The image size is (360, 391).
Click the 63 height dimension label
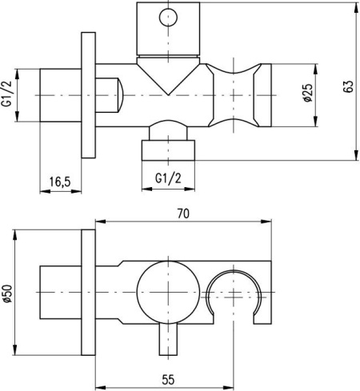click(348, 86)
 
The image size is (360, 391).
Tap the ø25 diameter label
click(308, 93)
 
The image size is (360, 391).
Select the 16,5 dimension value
click(60, 182)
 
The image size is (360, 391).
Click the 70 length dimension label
click(183, 213)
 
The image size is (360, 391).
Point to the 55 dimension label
click(168, 380)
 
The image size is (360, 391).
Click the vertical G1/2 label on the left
click(7, 93)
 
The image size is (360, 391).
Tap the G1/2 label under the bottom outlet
click(168, 178)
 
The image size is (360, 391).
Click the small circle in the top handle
click(168, 18)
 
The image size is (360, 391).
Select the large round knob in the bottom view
click(168, 293)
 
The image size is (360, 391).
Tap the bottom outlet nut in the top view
click(168, 150)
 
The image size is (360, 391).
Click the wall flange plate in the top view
click(88, 95)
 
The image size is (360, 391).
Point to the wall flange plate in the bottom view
click(88, 292)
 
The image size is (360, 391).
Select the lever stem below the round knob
click(168, 339)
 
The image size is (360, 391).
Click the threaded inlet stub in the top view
click(61, 95)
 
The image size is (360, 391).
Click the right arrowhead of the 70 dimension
click(266, 221)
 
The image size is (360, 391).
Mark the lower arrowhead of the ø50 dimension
click(15, 350)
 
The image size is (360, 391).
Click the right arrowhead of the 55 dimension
click(229, 387)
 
